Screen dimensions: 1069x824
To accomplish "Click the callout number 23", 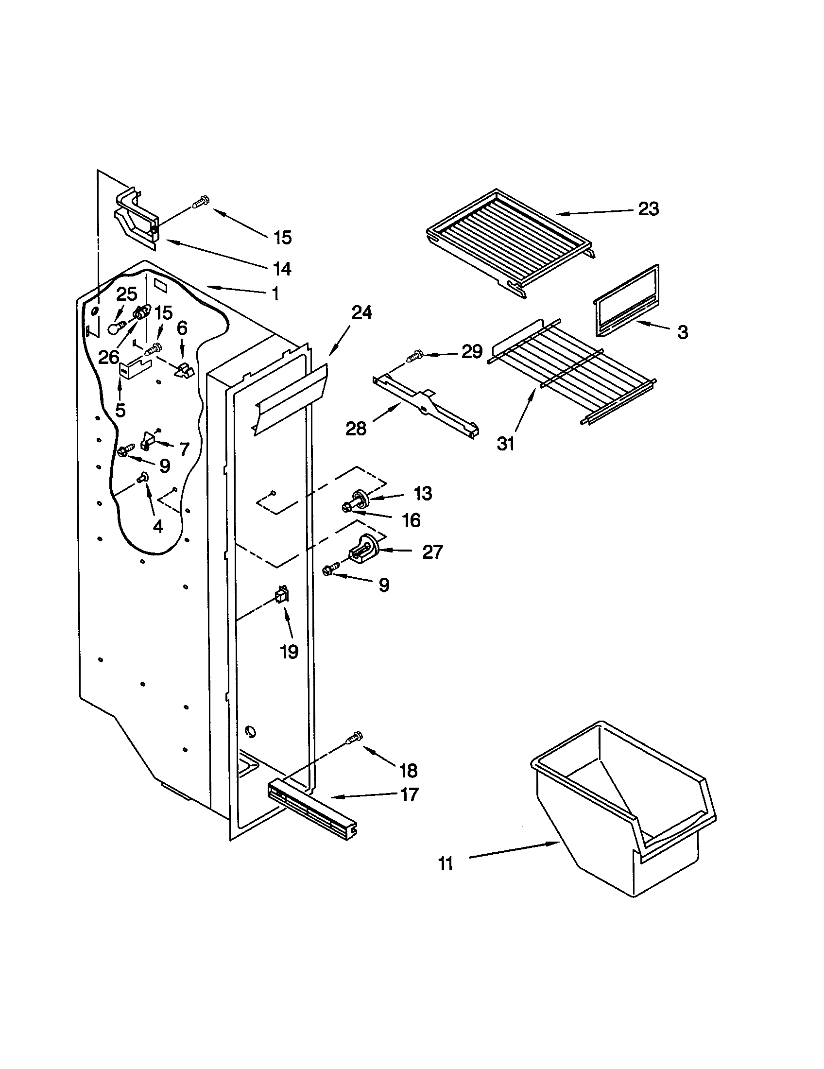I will (648, 209).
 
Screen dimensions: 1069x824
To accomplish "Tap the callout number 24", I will (361, 312).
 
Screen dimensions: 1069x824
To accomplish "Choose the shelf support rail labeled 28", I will (424, 405).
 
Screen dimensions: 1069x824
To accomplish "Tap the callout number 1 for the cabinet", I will (275, 293).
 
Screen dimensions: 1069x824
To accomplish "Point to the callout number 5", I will (120, 410).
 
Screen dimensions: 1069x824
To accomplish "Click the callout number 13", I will (423, 493).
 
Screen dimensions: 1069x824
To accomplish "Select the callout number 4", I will (157, 527).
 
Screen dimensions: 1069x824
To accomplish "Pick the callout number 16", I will (412, 520).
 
